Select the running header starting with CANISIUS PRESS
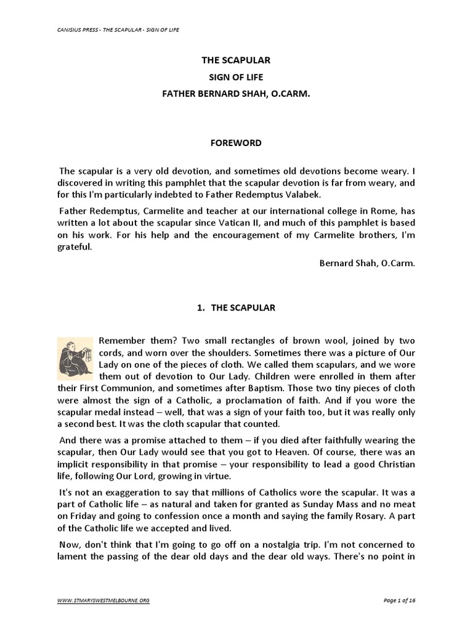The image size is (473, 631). pos(117,30)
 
